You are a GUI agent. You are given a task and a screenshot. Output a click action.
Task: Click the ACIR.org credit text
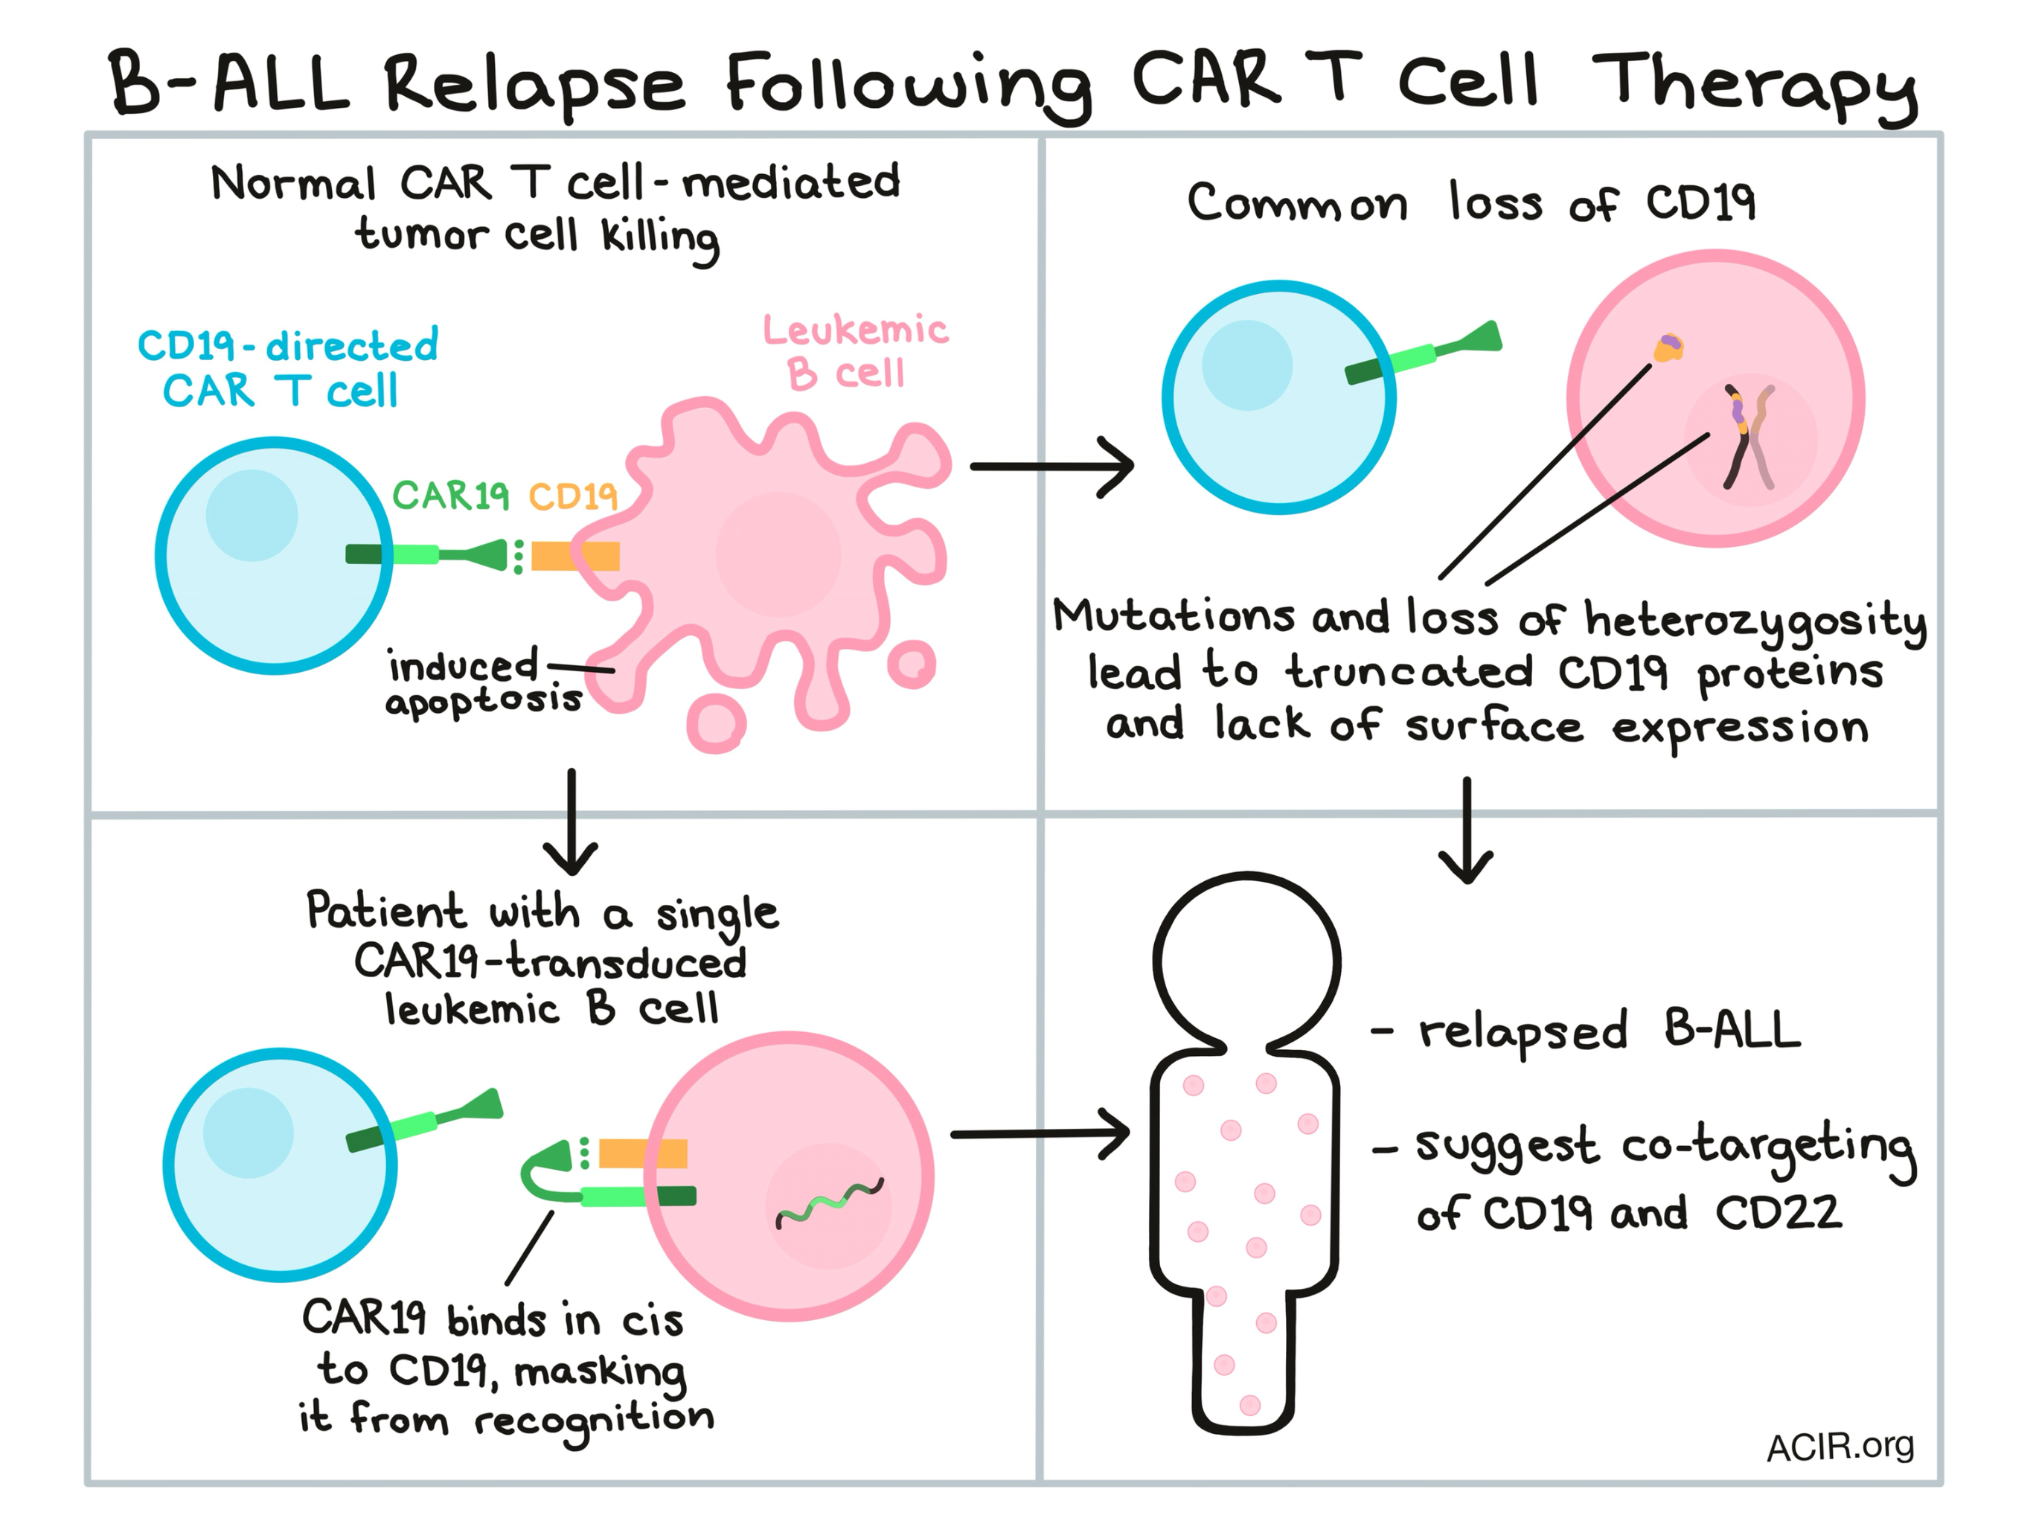[x=1840, y=1447]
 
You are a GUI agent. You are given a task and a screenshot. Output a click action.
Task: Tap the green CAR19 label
[x=450, y=496]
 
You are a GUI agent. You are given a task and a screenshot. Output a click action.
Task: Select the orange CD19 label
[x=572, y=496]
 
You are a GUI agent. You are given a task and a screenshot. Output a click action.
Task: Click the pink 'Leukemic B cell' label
[x=855, y=352]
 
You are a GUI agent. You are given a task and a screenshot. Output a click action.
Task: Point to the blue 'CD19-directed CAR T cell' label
[x=288, y=367]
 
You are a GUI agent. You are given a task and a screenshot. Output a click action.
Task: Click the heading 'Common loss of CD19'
[x=1471, y=202]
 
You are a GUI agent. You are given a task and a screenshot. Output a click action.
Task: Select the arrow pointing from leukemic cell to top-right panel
[x=1051, y=467]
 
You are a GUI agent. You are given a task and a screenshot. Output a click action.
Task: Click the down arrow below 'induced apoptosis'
[x=571, y=822]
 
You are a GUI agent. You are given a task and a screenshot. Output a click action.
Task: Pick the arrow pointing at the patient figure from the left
[x=1040, y=1134]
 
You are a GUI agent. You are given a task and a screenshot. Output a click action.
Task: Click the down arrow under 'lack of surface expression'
[x=1466, y=830]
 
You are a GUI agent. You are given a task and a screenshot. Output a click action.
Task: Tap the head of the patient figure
[x=1246, y=960]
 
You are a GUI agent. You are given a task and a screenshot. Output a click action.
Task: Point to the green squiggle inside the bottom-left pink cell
[x=830, y=1203]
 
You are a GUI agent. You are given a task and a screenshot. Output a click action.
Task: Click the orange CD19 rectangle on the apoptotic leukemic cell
[x=575, y=556]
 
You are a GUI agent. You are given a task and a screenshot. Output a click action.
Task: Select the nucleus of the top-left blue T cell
[x=252, y=516]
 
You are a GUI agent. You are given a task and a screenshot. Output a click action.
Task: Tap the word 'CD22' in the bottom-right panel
[x=1779, y=1212]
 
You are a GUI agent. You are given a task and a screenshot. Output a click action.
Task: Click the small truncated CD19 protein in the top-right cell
[x=1668, y=348]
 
